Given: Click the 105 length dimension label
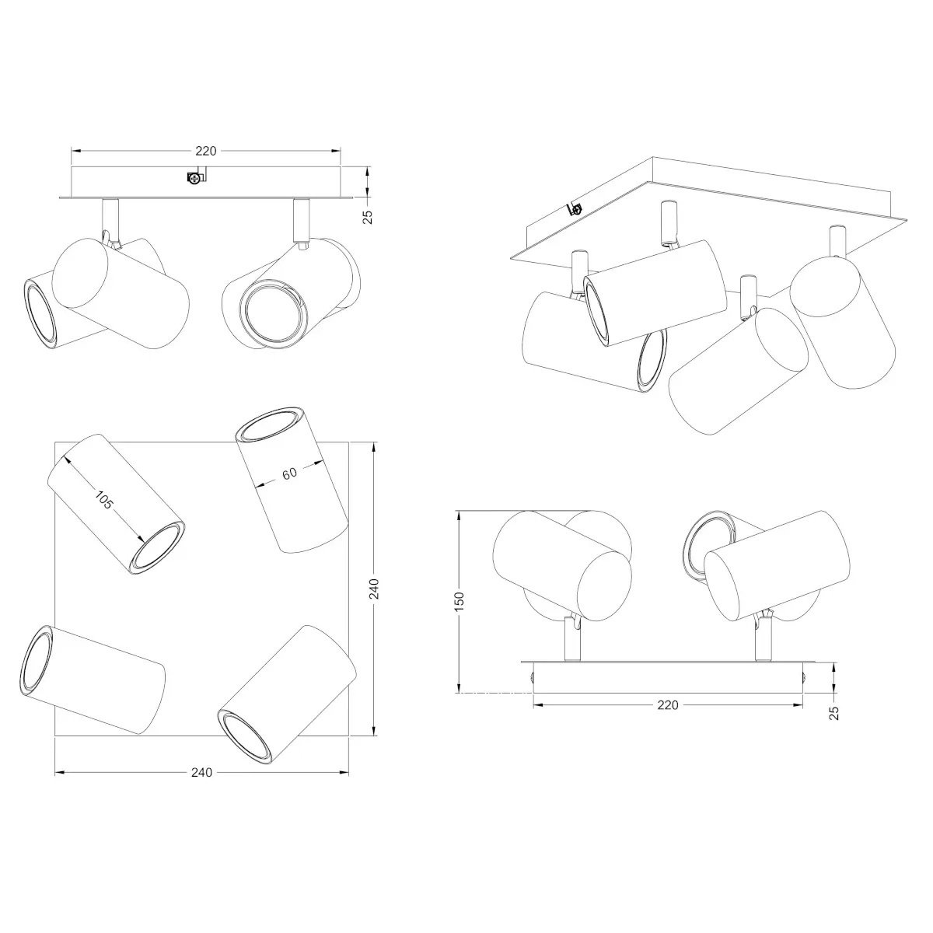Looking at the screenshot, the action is pyautogui.click(x=103, y=500).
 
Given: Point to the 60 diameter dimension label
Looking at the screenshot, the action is pyautogui.click(x=289, y=473).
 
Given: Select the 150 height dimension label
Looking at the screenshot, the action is pyautogui.click(x=460, y=601).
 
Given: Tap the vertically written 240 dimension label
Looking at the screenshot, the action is pyautogui.click(x=374, y=589).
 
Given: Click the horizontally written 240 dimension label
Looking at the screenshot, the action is pyautogui.click(x=201, y=772).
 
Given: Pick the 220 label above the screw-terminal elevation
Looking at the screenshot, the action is pyautogui.click(x=206, y=151).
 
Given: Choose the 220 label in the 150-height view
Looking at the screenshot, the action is pyautogui.click(x=668, y=705).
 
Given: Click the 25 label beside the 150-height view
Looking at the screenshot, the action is pyautogui.click(x=833, y=713).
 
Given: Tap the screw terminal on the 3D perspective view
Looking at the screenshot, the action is pyautogui.click(x=575, y=208).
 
